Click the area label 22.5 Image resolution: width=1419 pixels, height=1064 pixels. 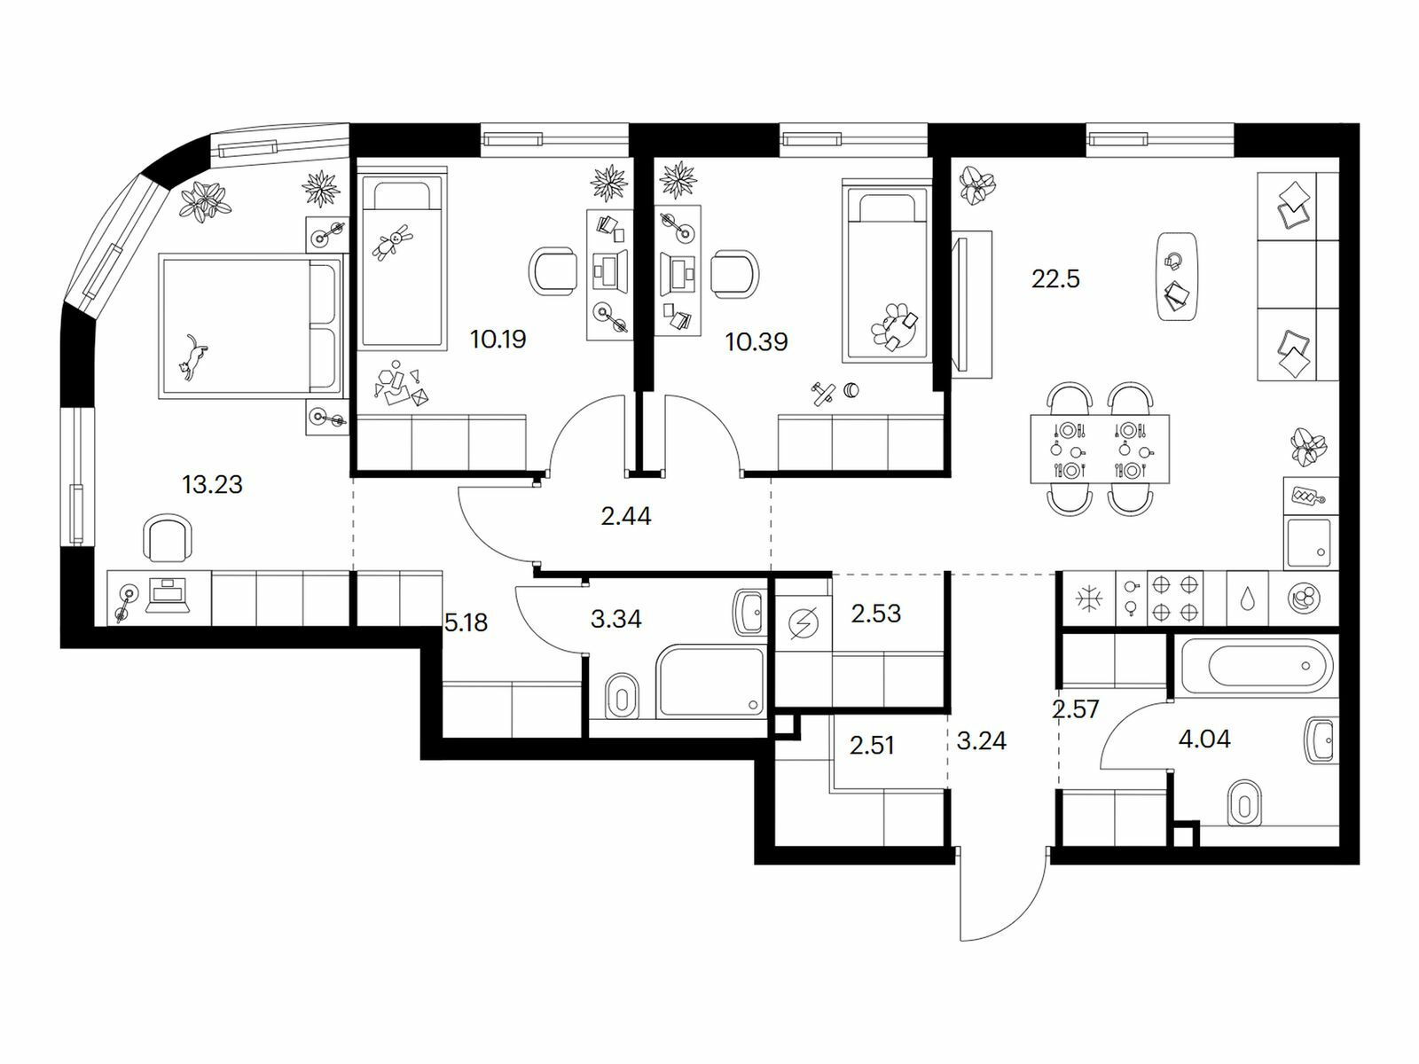[1055, 279]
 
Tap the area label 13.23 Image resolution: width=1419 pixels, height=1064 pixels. [212, 484]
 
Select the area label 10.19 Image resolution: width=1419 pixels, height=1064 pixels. [498, 340]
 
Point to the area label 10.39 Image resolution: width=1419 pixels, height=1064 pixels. [756, 341]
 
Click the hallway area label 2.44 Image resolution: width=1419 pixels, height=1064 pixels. [626, 516]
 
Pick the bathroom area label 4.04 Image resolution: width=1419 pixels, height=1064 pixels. [1204, 739]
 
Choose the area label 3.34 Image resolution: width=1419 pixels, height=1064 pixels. [616, 619]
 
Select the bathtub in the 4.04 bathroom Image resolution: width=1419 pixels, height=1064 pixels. [1258, 665]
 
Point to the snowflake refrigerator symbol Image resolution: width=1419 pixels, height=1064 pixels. [1088, 598]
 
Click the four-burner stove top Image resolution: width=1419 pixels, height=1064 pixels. [1175, 598]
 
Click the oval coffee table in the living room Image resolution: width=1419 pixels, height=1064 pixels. [1177, 277]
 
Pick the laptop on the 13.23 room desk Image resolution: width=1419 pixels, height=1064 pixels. [169, 595]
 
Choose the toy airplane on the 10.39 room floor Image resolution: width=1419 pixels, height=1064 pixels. [823, 394]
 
